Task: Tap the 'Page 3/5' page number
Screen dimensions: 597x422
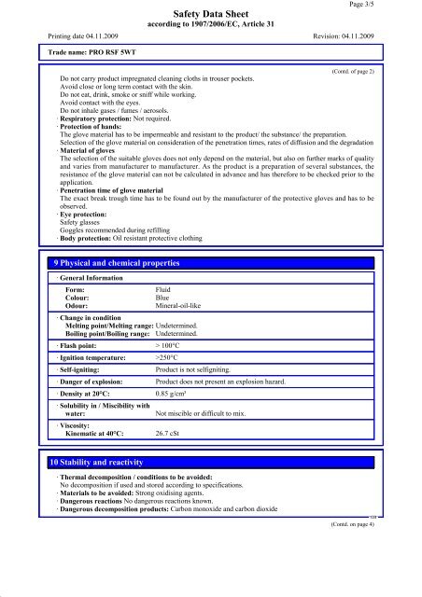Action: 389,6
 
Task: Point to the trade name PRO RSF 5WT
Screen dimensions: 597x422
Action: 87,55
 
